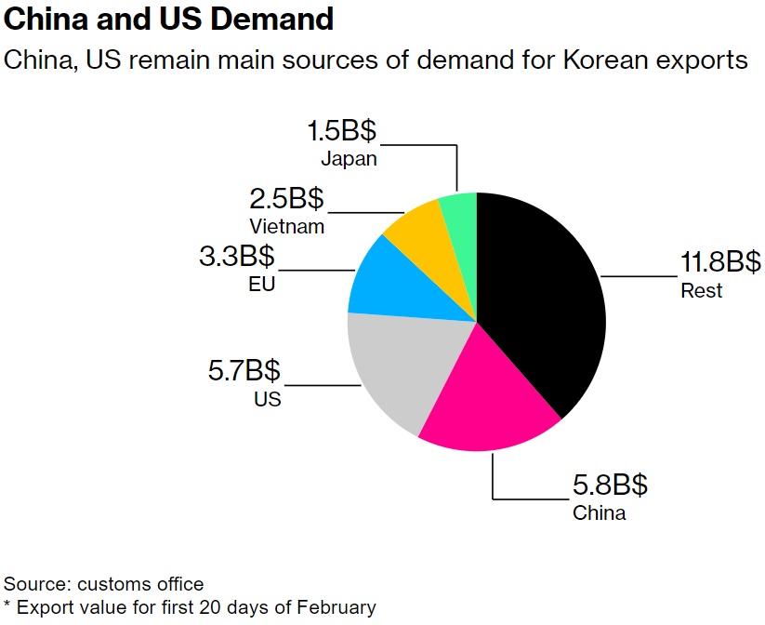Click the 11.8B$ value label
click(x=720, y=262)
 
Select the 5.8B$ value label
click(x=610, y=485)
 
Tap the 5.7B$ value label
click(x=244, y=372)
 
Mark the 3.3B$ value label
click(x=237, y=256)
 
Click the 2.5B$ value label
click(x=286, y=198)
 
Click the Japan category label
click(x=349, y=158)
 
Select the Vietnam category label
click(x=286, y=226)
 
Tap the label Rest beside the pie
click(x=701, y=291)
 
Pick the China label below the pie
click(x=599, y=512)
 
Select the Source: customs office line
click(x=104, y=584)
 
